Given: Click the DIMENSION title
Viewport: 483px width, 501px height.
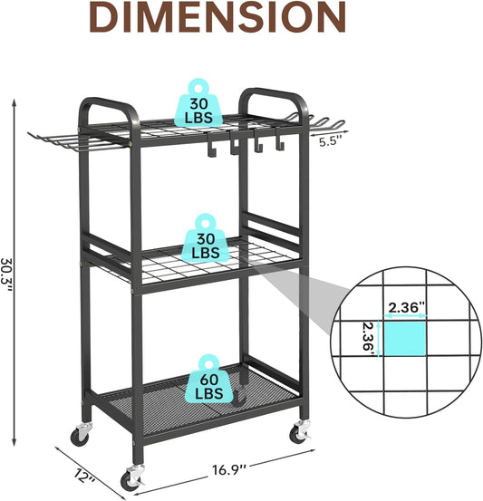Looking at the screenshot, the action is pos(217,16).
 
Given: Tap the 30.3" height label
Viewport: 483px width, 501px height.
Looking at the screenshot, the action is pos(6,275).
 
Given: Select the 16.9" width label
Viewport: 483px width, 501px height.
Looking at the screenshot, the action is pos(229,469).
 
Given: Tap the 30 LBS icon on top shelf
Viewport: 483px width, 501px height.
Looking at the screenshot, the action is pos(198,103).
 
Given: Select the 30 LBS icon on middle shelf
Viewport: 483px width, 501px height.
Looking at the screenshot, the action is pos(205,238).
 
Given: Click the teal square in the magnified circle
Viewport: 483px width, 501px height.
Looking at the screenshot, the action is pos(404,338).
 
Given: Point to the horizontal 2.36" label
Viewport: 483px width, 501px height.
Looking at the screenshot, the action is pos(407,308).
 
